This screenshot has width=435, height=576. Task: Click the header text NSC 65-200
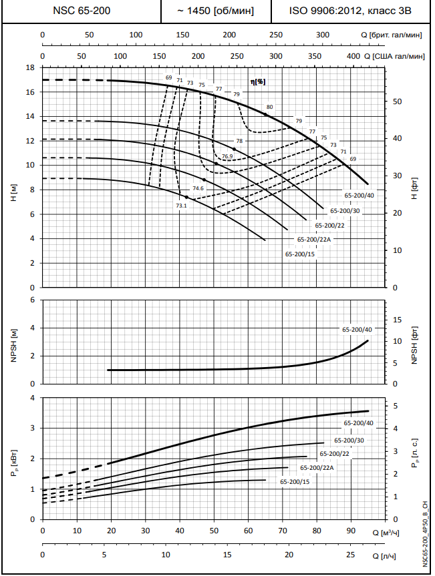pyautogui.click(x=82, y=11)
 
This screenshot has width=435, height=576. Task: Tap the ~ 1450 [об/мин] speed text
pyautogui.click(x=216, y=11)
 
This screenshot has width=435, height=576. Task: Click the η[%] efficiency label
pyautogui.click(x=257, y=81)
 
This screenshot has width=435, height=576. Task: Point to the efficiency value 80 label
pyautogui.click(x=269, y=107)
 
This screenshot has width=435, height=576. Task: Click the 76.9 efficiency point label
pyautogui.click(x=227, y=156)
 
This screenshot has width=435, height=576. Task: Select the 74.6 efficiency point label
pyautogui.click(x=198, y=189)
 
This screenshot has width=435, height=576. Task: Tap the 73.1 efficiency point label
pyautogui.click(x=181, y=206)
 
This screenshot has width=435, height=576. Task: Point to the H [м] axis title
pyautogui.click(x=13, y=194)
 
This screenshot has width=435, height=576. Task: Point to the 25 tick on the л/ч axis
pyautogui.click(x=351, y=555)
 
